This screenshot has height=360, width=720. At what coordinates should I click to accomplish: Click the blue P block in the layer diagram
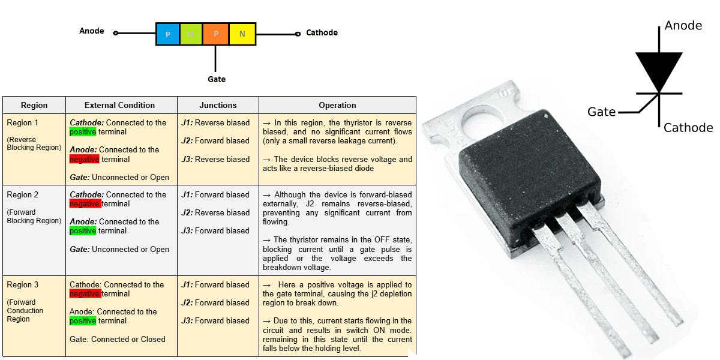pyautogui.click(x=167, y=34)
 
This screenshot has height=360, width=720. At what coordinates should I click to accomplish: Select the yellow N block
pyautogui.click(x=242, y=34)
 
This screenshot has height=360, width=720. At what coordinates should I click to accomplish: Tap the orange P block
pyautogui.click(x=216, y=34)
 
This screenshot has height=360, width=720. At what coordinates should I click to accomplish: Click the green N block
pyautogui.click(x=191, y=34)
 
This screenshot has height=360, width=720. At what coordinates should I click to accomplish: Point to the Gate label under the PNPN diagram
pyautogui.click(x=217, y=79)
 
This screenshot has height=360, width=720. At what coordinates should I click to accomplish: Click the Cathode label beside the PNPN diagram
pyautogui.click(x=322, y=32)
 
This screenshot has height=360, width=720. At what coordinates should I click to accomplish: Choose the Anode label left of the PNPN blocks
pyautogui.click(x=92, y=31)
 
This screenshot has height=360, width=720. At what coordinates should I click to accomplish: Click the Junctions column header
pyautogui.click(x=218, y=105)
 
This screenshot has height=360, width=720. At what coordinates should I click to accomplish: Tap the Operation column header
pyautogui.click(x=337, y=105)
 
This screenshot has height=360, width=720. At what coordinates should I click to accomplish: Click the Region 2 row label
pyautogui.click(x=23, y=194)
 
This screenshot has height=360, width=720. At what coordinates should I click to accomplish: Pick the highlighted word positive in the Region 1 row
pyautogui.click(x=83, y=132)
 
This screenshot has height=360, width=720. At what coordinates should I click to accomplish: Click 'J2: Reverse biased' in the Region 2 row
pyautogui.click(x=215, y=212)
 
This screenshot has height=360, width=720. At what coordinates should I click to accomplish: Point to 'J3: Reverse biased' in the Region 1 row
pyautogui.click(x=215, y=159)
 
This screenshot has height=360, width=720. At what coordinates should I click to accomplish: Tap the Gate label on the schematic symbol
pyautogui.click(x=601, y=112)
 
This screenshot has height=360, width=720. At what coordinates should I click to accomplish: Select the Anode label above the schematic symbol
pyautogui.click(x=683, y=26)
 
